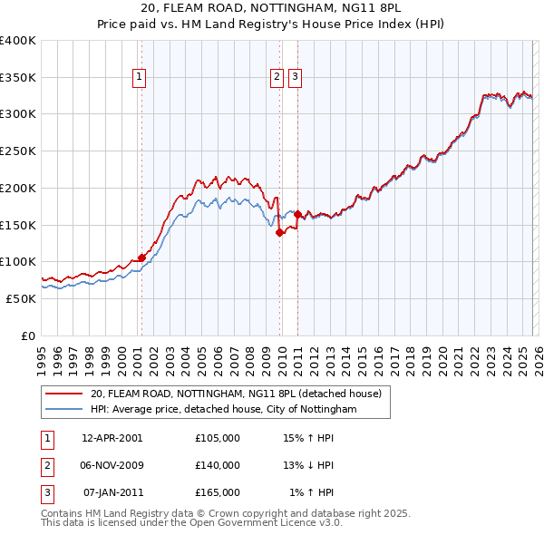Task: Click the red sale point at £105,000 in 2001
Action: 141,258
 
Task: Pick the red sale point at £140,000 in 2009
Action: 279,232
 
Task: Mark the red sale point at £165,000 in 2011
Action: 297,214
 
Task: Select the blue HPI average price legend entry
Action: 224,410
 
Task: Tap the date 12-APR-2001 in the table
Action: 112,438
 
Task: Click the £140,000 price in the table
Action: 218,465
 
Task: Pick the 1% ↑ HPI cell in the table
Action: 311,492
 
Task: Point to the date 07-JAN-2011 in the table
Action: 112,492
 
